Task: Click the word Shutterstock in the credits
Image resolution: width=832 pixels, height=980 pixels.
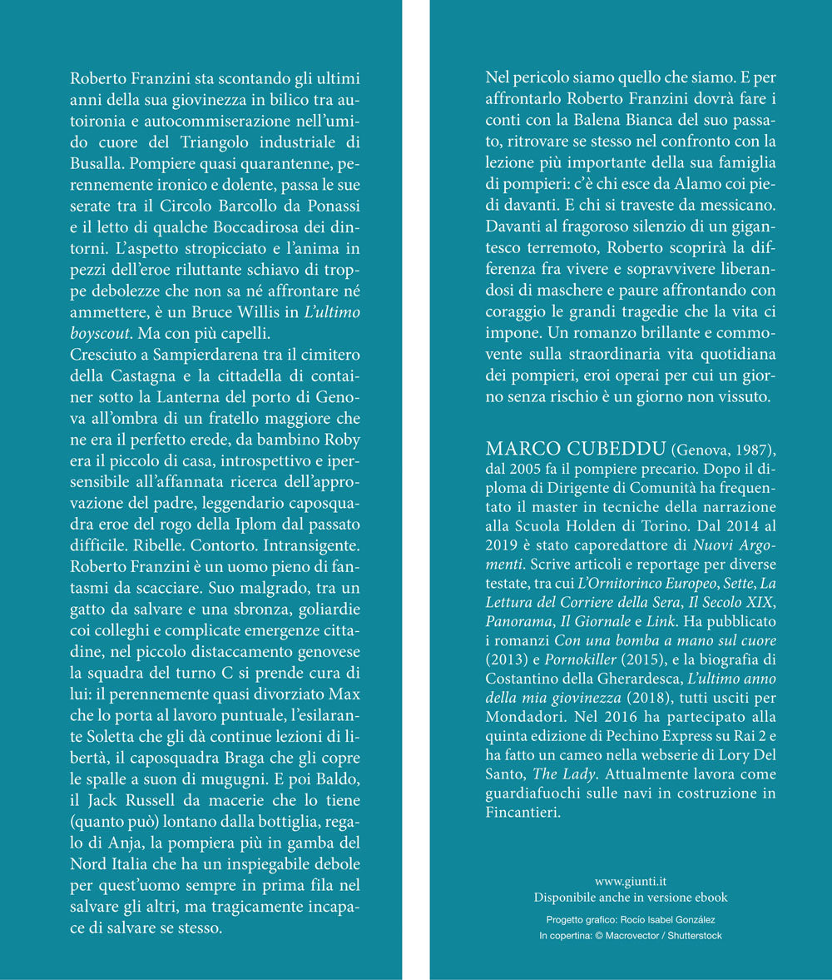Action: pyautogui.click(x=690, y=935)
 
